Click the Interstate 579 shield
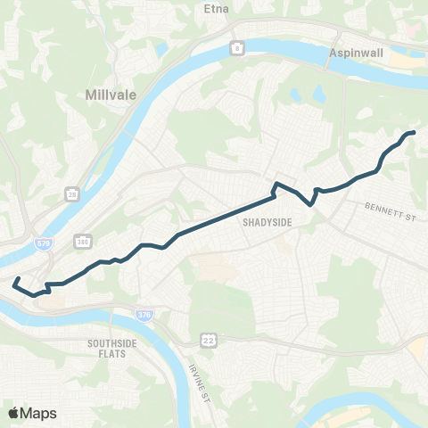(29, 240)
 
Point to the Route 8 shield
(236, 48)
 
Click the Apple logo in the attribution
(14, 413)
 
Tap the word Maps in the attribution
(39, 413)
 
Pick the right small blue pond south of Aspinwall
(318, 93)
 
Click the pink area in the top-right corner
(414, 27)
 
